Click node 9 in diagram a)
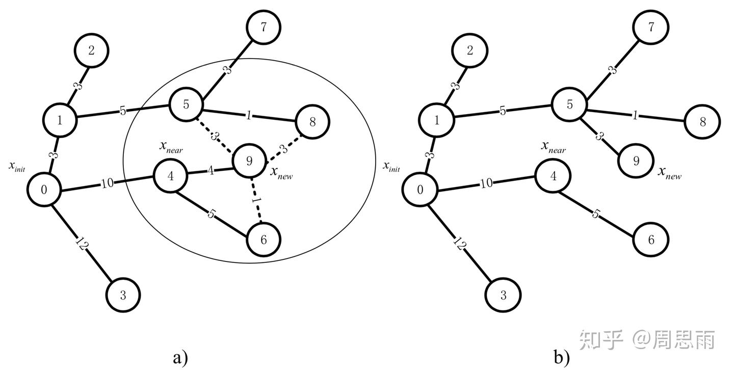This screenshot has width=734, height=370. [249, 161]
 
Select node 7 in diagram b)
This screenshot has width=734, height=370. [649, 27]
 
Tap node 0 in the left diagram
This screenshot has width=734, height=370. [44, 190]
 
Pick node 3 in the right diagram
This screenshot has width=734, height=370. [503, 294]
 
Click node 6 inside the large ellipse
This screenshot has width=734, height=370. [264, 240]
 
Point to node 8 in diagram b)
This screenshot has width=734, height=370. [703, 122]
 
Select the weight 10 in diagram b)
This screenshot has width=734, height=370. [487, 183]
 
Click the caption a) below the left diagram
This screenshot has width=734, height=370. [180, 357]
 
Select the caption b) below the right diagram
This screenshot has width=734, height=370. [562, 357]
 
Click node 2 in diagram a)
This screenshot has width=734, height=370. [91, 50]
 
